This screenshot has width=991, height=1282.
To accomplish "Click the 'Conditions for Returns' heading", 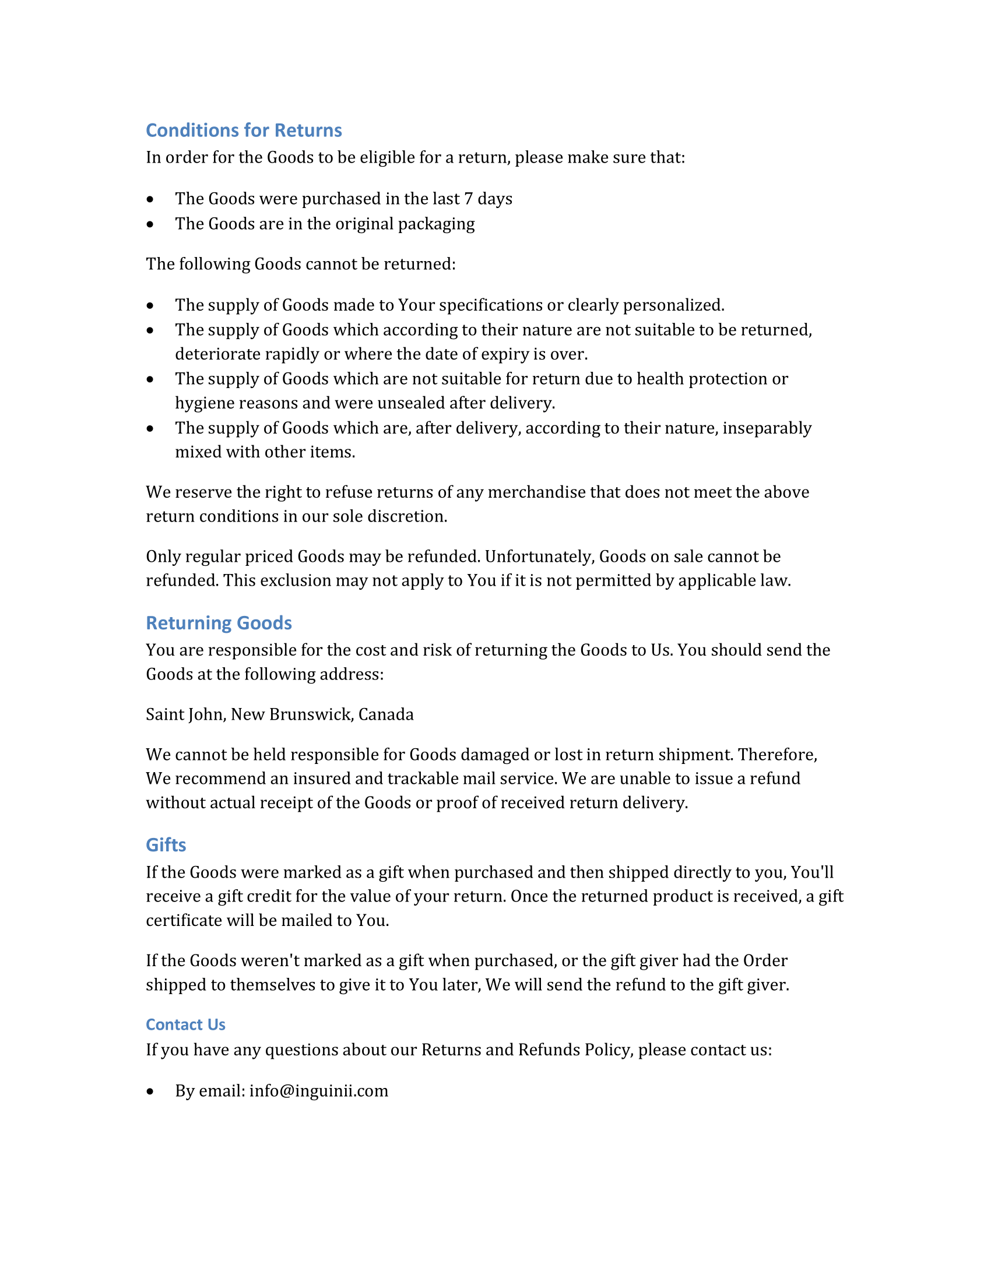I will tap(244, 131).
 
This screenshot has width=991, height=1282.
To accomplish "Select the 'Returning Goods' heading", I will tap(219, 623).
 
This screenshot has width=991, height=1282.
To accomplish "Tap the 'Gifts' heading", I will tap(166, 845).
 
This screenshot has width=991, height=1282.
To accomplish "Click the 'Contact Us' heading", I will tap(185, 1024).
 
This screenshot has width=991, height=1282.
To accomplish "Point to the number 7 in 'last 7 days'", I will tap(468, 199).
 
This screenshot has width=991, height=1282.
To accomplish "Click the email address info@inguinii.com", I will tap(319, 1091).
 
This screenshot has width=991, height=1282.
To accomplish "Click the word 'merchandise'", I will tap(536, 492).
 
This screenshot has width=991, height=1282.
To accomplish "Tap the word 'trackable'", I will tap(423, 779).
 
